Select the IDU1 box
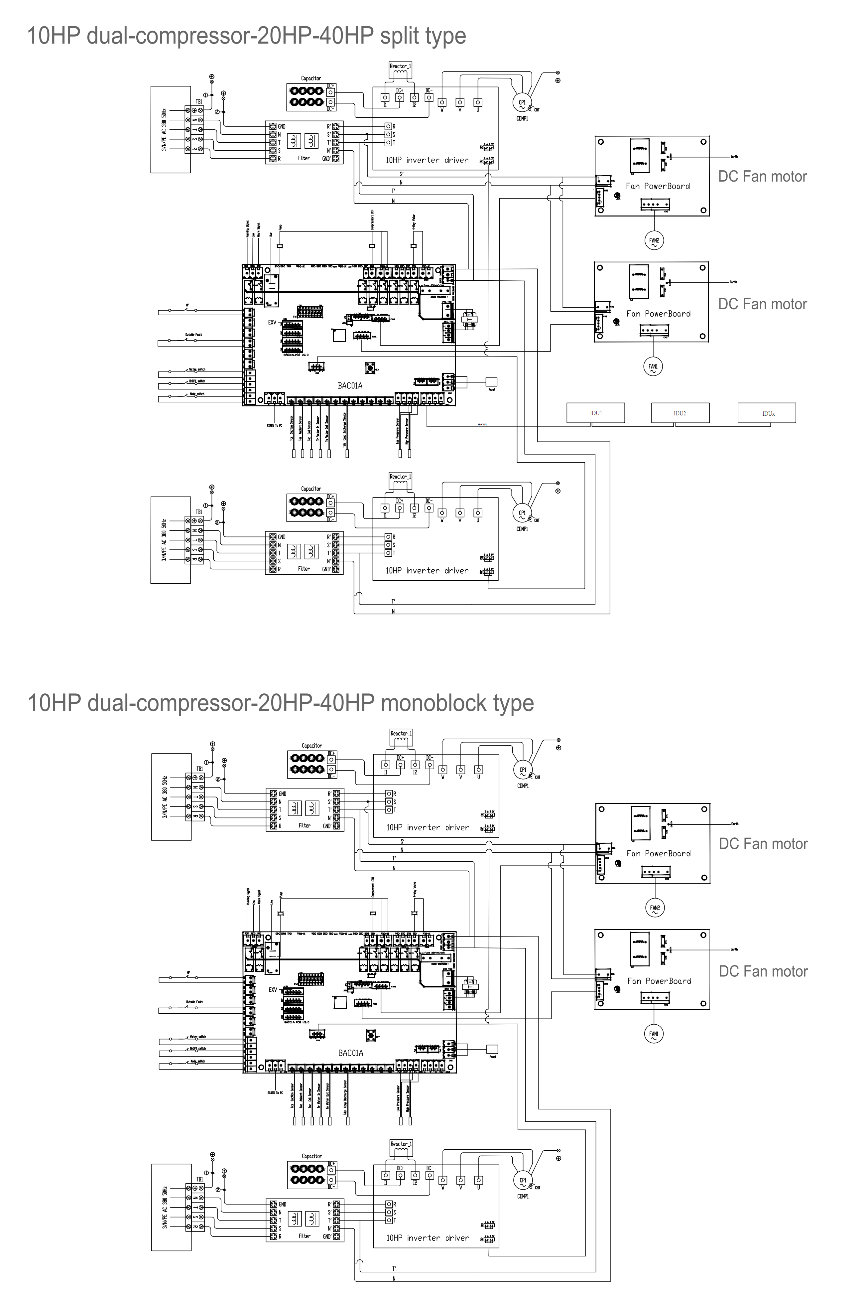point(595,413)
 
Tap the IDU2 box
point(680,413)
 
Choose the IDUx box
point(767,413)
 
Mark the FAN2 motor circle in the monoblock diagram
point(655,908)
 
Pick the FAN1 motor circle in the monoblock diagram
point(654,1034)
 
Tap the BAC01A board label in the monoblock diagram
point(350,1053)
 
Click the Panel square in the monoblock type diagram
point(492,1049)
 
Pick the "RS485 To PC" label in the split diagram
point(274,425)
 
